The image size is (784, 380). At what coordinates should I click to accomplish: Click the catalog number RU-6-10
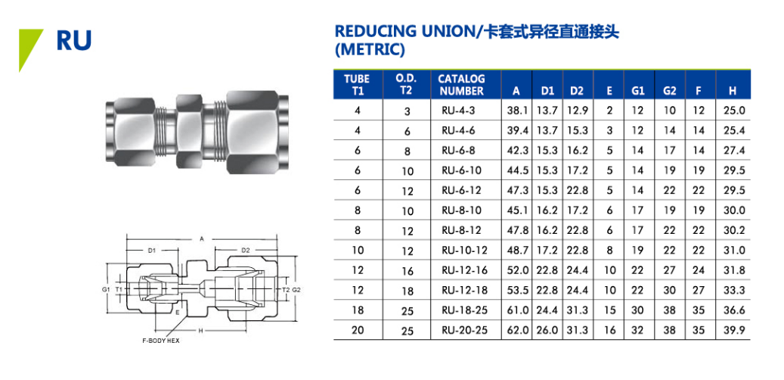click(x=461, y=170)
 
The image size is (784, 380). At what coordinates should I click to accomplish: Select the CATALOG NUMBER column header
click(x=461, y=85)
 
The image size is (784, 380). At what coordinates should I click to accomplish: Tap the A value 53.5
click(x=516, y=291)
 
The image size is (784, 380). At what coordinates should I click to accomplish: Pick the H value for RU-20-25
click(x=734, y=331)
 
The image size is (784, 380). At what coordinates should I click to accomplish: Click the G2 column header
click(x=670, y=91)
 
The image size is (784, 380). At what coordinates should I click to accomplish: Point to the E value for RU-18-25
click(x=609, y=310)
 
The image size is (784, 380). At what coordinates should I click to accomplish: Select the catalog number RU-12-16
click(x=464, y=270)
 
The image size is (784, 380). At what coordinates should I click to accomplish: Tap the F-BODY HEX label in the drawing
click(x=160, y=341)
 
